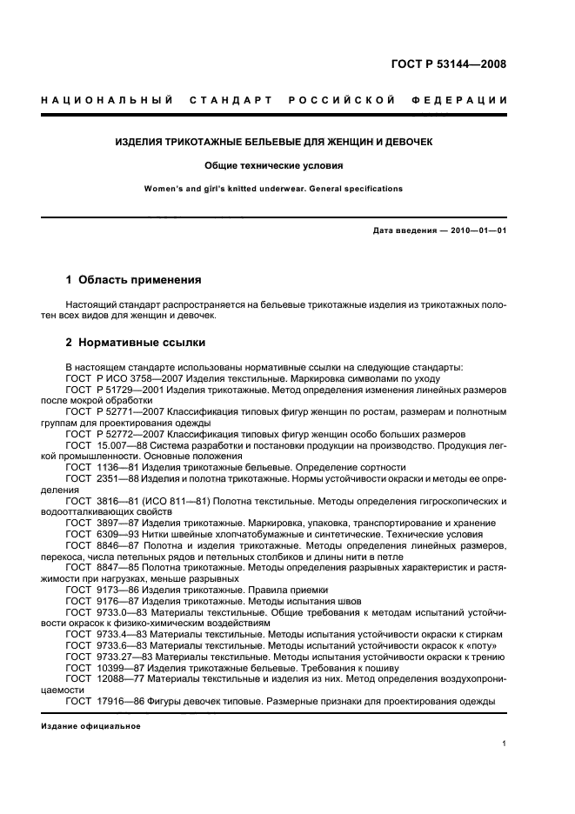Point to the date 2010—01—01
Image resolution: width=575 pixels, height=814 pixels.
pyautogui.click(x=470, y=230)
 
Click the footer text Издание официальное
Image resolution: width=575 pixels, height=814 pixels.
pyautogui.click(x=84, y=726)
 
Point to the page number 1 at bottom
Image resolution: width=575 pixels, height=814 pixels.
pyautogui.click(x=505, y=744)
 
